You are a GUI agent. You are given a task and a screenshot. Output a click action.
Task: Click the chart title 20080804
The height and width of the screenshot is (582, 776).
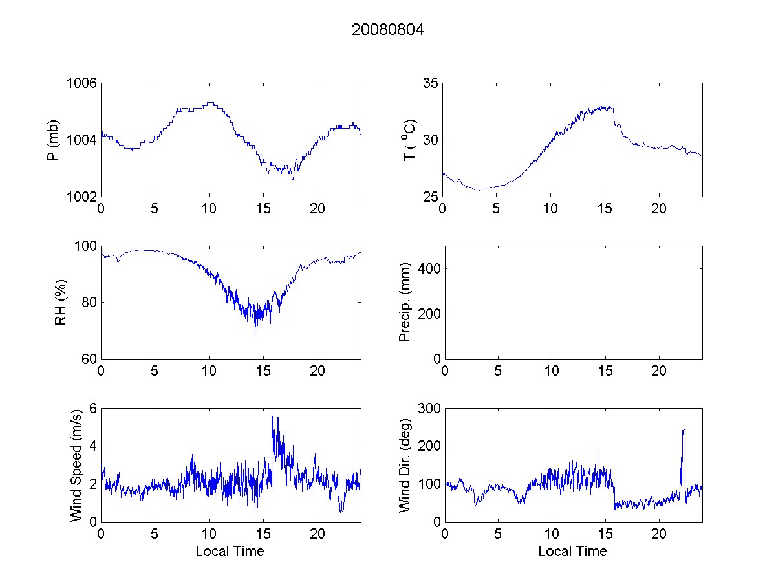tap(387, 30)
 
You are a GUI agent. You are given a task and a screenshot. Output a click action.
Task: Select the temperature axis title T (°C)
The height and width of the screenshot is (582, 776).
tap(408, 140)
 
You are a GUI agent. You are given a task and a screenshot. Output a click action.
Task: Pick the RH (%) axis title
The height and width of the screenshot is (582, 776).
tap(61, 302)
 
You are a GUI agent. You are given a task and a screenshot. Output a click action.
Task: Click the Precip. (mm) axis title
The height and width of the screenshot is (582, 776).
tap(405, 302)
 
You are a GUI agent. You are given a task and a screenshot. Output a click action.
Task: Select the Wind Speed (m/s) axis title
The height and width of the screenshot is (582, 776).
tap(77, 464)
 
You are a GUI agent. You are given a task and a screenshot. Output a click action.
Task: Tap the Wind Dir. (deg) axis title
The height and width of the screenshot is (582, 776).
tap(405, 464)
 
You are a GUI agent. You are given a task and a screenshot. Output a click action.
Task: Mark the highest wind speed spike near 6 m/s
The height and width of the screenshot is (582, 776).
tap(272, 411)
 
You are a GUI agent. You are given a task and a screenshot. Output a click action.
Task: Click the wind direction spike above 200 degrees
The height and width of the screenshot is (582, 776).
tap(684, 431)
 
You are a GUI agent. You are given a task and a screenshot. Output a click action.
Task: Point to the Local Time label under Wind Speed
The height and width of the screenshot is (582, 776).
tap(230, 551)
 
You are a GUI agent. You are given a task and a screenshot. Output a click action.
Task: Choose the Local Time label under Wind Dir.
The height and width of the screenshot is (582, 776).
tap(572, 551)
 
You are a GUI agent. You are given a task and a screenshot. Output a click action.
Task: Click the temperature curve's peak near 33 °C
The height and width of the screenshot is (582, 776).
tap(609, 106)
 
